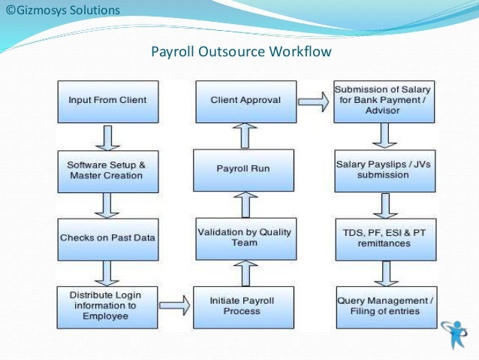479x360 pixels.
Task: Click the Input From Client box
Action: click(107, 100)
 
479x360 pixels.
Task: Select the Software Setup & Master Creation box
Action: click(107, 171)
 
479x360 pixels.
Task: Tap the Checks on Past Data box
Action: click(107, 237)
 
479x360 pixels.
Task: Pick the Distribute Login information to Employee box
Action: click(107, 306)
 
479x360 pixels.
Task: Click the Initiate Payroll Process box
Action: click(242, 306)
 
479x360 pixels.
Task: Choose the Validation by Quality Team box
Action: click(242, 237)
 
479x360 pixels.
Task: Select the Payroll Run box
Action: click(242, 168)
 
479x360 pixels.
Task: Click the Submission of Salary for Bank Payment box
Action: click(384, 100)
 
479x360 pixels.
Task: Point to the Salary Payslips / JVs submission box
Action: click(384, 171)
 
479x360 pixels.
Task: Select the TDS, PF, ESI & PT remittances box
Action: click(384, 237)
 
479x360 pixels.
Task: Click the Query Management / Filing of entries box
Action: click(384, 306)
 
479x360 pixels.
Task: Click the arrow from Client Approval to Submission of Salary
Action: click(313, 100)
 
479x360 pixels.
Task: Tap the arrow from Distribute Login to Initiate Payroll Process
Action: click(174, 306)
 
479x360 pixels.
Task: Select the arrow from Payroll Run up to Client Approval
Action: click(244, 136)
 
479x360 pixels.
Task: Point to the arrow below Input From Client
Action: click(107, 136)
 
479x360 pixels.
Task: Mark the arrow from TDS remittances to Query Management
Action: click(385, 272)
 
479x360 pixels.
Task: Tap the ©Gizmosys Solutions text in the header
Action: click(62, 11)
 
